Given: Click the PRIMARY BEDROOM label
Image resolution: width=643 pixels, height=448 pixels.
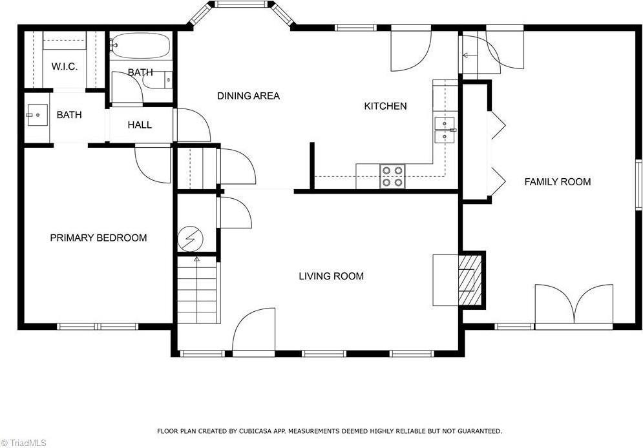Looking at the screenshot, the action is (x=98, y=238).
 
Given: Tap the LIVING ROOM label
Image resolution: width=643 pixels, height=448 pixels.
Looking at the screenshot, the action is (x=332, y=276).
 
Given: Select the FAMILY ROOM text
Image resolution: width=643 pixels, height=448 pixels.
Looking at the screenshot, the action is (x=558, y=182).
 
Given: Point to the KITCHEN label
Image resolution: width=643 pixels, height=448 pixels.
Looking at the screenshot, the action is (x=385, y=106).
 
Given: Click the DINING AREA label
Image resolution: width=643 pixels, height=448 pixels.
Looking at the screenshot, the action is (x=249, y=96).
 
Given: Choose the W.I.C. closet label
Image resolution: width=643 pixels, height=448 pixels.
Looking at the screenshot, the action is (x=65, y=66).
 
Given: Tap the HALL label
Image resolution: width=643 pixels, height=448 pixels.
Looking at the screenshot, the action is (x=140, y=125).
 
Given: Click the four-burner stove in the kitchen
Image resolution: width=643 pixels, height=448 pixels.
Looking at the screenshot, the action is (x=392, y=176).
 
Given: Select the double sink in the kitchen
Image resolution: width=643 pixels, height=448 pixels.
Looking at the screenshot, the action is (x=445, y=130).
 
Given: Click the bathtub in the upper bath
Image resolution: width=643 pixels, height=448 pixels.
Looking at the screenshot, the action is (x=141, y=46).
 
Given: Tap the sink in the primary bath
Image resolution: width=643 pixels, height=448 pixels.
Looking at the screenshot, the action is (x=37, y=116).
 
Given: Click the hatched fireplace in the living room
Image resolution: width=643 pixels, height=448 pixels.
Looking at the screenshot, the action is (x=470, y=280).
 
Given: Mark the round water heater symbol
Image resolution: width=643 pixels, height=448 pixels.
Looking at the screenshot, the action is (x=190, y=239).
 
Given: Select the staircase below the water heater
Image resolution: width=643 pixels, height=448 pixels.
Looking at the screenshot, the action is (x=197, y=290).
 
